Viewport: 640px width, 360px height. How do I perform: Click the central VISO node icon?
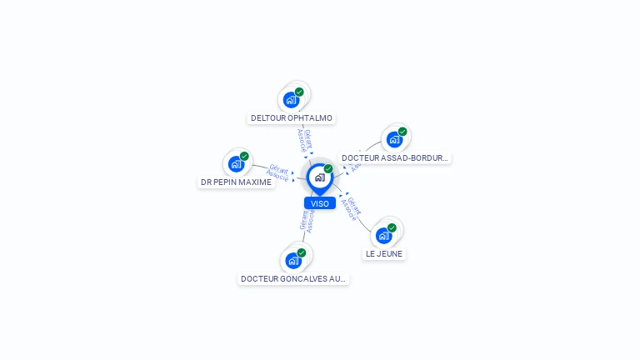[319, 177]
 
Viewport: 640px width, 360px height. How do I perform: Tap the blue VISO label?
[320, 203]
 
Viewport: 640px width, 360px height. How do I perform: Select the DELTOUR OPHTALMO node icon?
[291, 100]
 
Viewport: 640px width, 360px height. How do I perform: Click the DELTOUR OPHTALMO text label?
[292, 118]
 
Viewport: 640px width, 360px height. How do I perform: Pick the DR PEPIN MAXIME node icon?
[236, 164]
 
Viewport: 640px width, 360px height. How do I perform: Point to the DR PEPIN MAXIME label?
[237, 182]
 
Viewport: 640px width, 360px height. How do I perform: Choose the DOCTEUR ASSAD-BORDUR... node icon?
[394, 139]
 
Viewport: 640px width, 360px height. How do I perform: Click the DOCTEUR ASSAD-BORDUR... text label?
[395, 157]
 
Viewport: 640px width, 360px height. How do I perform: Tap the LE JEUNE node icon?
[383, 236]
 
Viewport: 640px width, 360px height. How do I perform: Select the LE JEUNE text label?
[384, 254]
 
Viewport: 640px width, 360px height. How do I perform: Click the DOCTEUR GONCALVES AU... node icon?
[292, 261]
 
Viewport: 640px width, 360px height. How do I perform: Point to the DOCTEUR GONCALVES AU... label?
[293, 279]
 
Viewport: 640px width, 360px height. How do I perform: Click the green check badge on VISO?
[328, 169]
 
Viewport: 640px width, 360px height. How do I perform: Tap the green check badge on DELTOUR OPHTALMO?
[299, 92]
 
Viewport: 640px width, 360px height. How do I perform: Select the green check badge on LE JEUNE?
[392, 227]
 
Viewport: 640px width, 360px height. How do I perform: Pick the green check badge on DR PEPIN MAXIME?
[244, 156]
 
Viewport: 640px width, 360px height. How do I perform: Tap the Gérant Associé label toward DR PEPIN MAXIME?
[277, 172]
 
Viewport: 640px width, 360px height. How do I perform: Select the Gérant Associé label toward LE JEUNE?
[351, 208]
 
